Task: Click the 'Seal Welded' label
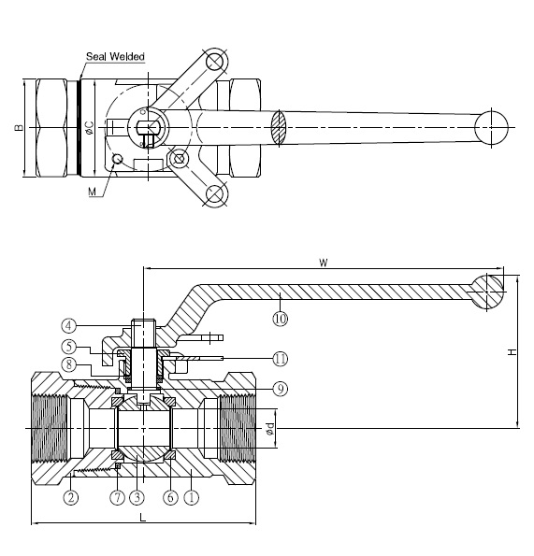(115, 56)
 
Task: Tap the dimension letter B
(19, 128)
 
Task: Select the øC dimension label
(90, 128)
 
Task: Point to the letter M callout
(93, 192)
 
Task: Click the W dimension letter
(324, 263)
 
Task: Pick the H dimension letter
(512, 352)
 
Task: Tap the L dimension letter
(143, 518)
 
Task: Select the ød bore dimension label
(269, 428)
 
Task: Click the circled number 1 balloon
(191, 497)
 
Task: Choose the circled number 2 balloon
(71, 497)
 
